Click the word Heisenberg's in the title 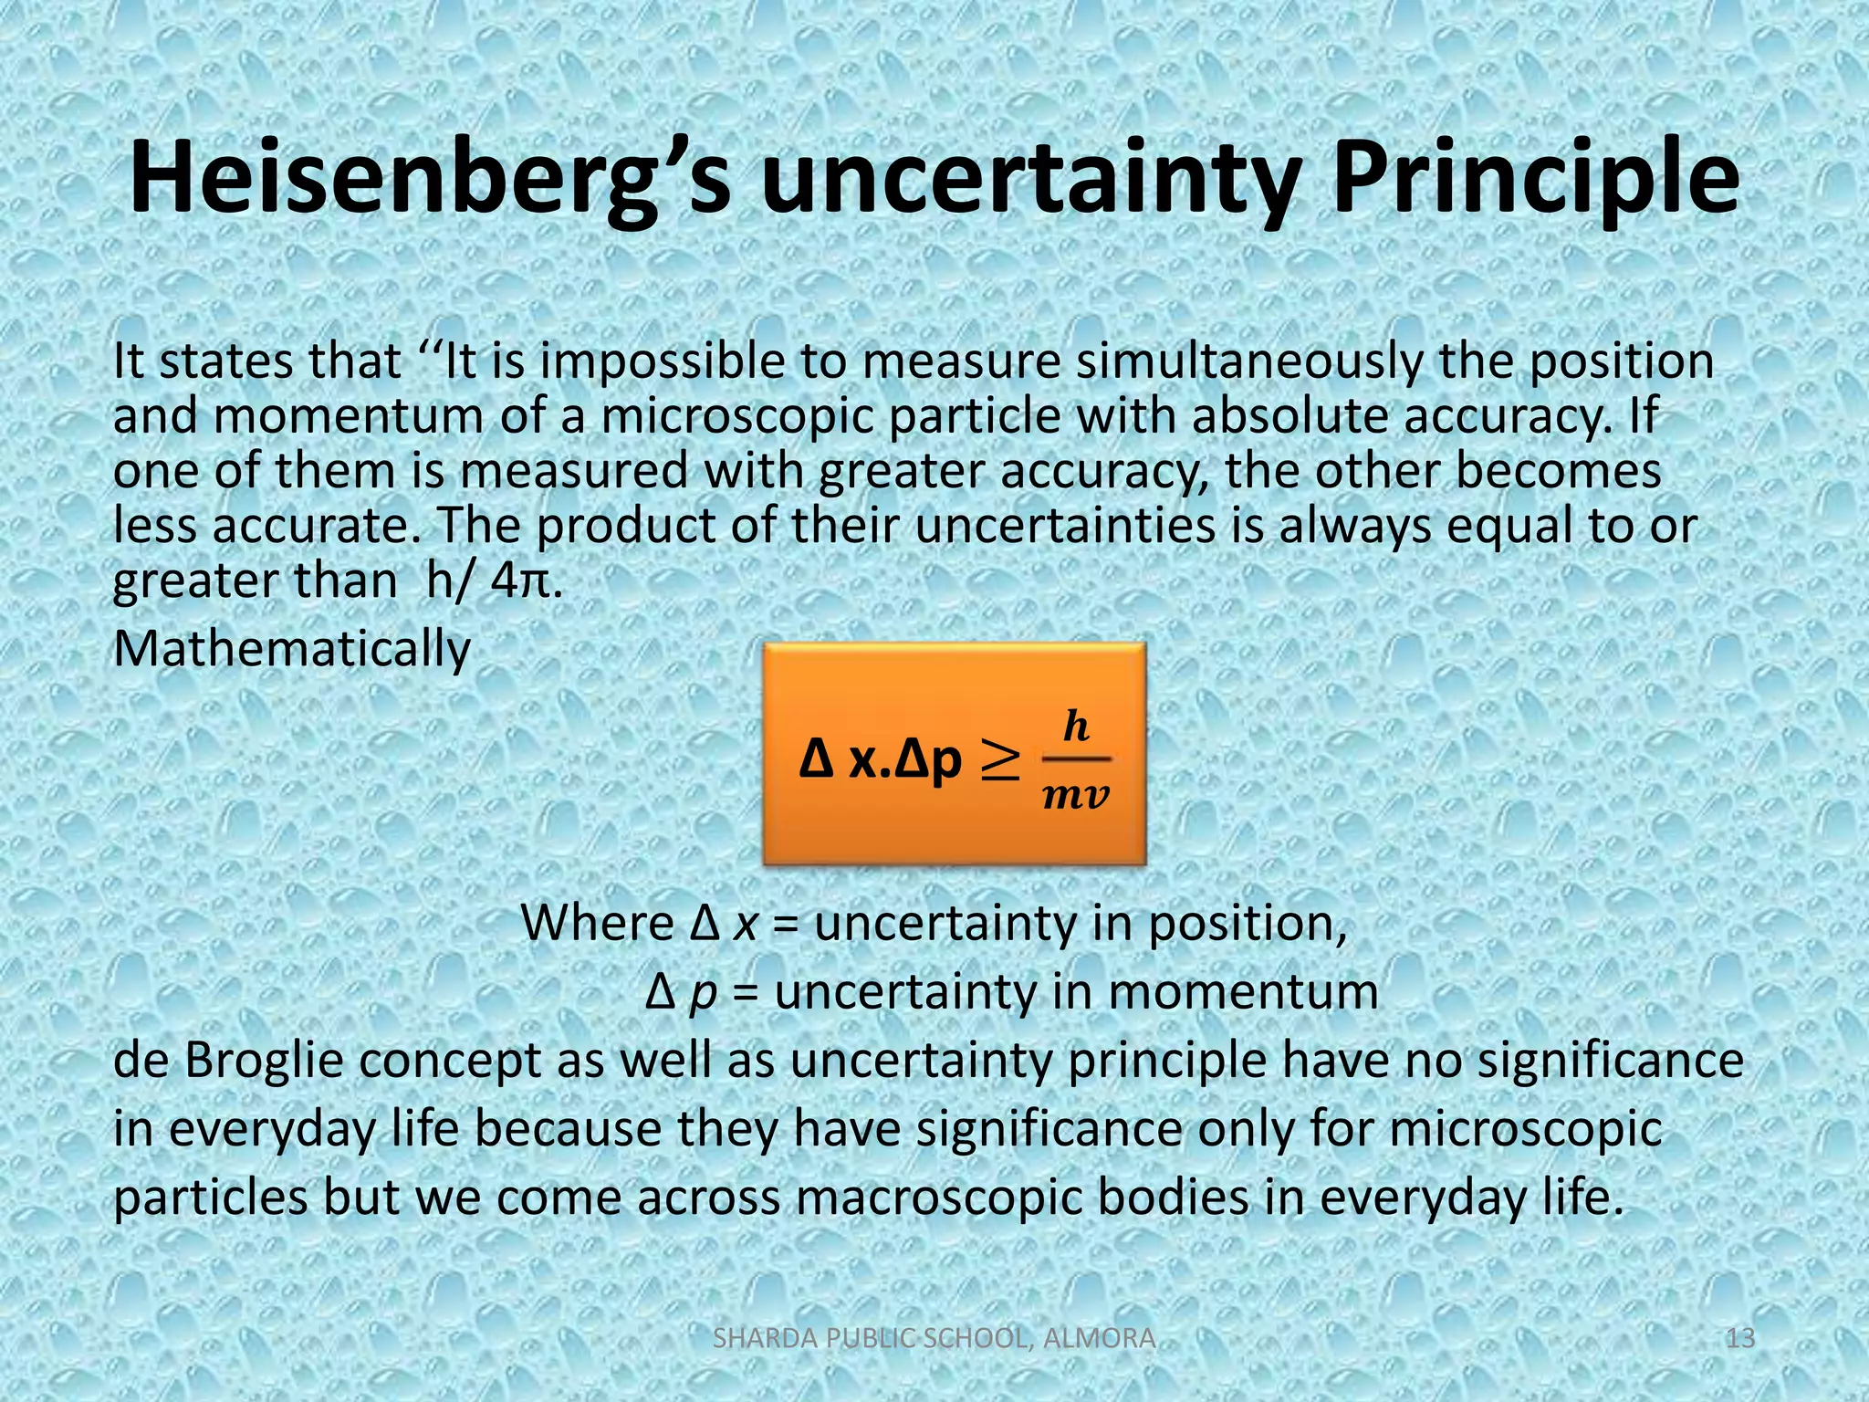(429, 178)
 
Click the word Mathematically (292, 650)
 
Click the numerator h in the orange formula (1077, 727)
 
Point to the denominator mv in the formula (1076, 796)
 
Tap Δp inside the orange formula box (929, 760)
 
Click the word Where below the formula (597, 923)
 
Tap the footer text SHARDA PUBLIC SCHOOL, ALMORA (934, 1338)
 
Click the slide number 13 (1740, 1338)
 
